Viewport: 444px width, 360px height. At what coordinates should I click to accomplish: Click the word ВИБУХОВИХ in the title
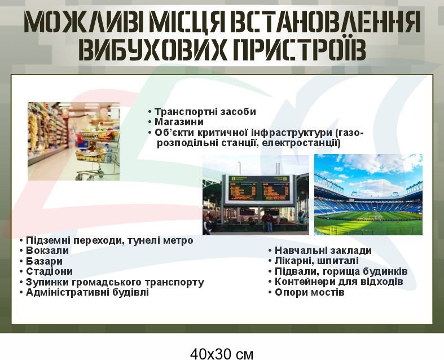pos(152,50)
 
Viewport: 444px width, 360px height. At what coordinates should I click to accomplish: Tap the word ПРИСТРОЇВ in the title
pos(301,50)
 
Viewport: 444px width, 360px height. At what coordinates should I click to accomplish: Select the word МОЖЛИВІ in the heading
pos(85,23)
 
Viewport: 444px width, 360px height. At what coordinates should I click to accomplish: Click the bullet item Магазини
pos(179,122)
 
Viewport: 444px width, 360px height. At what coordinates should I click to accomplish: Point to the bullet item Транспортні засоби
pos(205,112)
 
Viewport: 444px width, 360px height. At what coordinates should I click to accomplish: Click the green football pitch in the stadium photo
pos(368,222)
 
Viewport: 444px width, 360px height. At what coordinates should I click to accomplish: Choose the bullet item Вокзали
pos(47,251)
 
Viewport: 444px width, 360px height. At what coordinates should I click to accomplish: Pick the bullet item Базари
pos(44,261)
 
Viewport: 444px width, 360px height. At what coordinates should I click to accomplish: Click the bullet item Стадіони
pos(49,271)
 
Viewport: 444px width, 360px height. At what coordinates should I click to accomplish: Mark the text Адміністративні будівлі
pos(87,292)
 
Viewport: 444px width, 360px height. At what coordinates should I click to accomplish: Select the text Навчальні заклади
pos(323,251)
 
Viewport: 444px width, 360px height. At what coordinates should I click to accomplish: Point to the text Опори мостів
pos(310,292)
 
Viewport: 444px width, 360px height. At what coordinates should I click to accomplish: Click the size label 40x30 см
pos(222,354)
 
